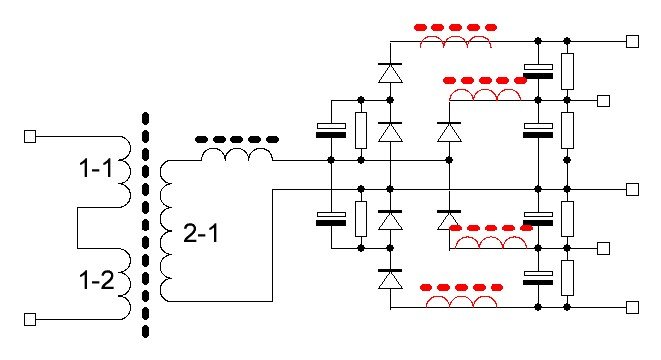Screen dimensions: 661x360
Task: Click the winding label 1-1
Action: [96, 168]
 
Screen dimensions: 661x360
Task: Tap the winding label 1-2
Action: [97, 279]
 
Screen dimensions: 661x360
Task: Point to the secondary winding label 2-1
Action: [201, 233]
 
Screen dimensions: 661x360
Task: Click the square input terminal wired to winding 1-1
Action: [30, 137]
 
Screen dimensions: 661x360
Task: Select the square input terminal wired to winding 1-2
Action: [30, 320]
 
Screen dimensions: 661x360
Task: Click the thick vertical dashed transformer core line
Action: [145, 225]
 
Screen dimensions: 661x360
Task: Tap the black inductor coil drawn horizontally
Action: [237, 155]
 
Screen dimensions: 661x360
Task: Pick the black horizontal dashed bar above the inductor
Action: [237, 139]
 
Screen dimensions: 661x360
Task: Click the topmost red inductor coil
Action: [456, 41]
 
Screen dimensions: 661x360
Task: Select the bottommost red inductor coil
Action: [461, 301]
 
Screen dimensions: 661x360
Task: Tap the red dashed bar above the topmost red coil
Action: [455, 27]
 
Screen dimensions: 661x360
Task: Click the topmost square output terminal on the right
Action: [632, 41]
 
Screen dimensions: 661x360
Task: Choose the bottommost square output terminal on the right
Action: [632, 308]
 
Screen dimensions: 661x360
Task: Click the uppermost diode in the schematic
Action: [390, 73]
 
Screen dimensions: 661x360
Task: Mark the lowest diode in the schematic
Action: [390, 279]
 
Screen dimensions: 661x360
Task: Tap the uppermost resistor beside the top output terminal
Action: [567, 71]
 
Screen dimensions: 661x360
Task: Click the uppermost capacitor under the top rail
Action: [538, 71]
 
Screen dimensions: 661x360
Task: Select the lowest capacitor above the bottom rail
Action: [538, 278]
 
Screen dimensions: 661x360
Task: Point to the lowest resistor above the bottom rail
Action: [567, 278]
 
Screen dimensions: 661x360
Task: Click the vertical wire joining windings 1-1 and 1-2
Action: [78, 228]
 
